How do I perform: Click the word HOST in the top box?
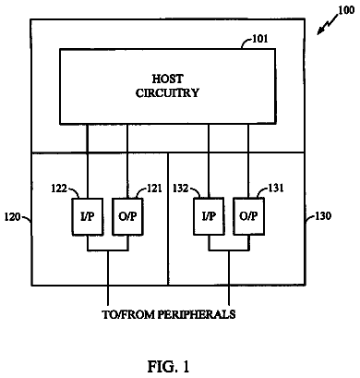pos(167,79)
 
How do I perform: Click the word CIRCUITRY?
pos(167,92)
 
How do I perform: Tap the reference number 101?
pos(260,39)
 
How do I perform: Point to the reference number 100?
pos(346,10)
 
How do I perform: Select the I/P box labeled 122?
pos(88,217)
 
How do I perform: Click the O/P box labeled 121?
pos(127,217)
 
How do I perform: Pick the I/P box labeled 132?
pos(209,217)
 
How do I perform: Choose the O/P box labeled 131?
pos(248,217)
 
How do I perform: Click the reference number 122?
pos(59,189)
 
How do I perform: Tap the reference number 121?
pos(153,189)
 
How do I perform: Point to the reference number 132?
pos(180,189)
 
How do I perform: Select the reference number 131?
pos(275,188)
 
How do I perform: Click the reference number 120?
pos(12,217)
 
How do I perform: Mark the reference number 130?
pos(323,216)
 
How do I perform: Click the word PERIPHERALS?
pos(197,314)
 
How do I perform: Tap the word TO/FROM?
pos(128,314)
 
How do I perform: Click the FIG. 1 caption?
pos(169,366)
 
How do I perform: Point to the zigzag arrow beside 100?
pos(328,24)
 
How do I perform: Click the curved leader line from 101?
pos(246,43)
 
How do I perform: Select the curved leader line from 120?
pos(27,218)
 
